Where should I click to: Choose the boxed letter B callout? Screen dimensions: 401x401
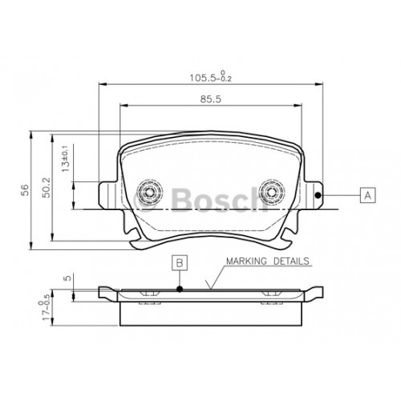[x=180, y=262]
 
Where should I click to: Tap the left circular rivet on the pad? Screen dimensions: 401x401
[x=148, y=192]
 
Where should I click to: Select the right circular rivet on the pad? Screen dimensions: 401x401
[x=273, y=192]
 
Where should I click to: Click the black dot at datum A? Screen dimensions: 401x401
[x=318, y=195]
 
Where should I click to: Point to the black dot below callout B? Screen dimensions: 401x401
[x=180, y=289]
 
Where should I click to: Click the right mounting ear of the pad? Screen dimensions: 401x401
[x=312, y=195]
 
